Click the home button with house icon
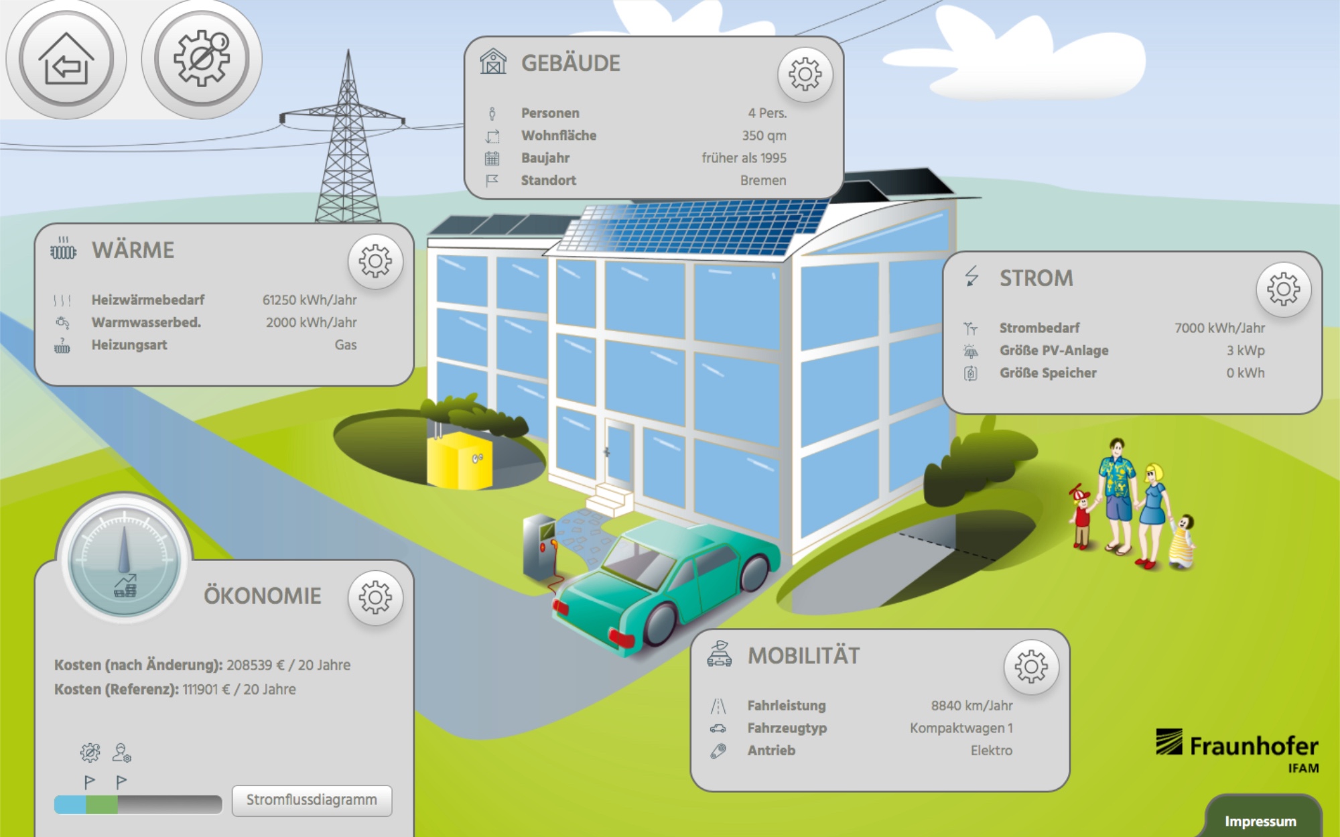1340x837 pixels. pos(66,59)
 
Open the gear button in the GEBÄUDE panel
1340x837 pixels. pos(805,74)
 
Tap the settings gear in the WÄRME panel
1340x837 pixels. pos(375,261)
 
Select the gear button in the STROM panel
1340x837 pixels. pos(1283,289)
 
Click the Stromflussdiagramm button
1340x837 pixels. pos(312,800)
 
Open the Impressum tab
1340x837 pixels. pos(1260,821)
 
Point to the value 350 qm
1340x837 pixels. pos(764,135)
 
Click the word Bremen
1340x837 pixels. pos(763,180)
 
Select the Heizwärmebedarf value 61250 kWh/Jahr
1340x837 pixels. pos(310,300)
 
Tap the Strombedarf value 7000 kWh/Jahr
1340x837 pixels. pos(1219,328)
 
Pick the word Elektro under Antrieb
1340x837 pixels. pos(992,751)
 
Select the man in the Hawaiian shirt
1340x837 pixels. pos(1116,493)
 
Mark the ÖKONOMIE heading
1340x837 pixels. pos(263,596)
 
